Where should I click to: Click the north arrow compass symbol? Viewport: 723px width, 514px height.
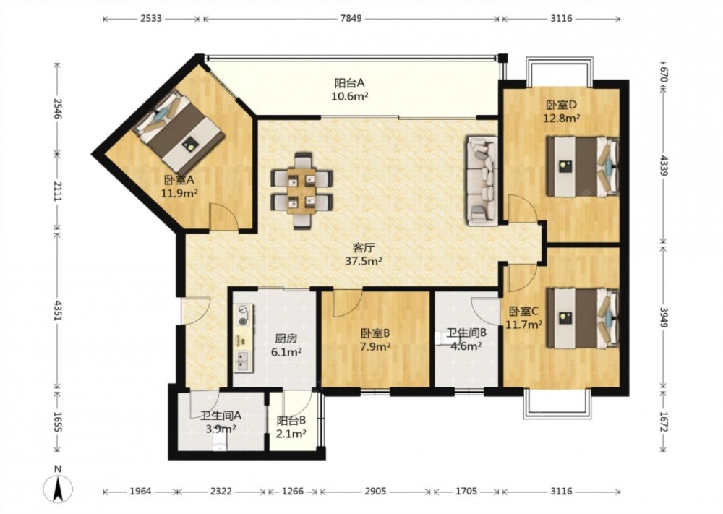pyautogui.click(x=58, y=487)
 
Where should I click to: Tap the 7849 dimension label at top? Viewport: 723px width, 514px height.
pyautogui.click(x=351, y=19)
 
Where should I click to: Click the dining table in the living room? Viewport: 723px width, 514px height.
pyautogui.click(x=301, y=190)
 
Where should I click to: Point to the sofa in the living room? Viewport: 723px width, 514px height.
pyautogui.click(x=482, y=181)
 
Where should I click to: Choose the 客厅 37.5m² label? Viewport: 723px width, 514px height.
pyautogui.click(x=364, y=254)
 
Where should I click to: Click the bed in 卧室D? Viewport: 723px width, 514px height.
pyautogui.click(x=583, y=166)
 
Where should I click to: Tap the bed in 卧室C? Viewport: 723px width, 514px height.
pyautogui.click(x=583, y=318)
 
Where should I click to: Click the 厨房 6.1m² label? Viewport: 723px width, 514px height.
pyautogui.click(x=286, y=346)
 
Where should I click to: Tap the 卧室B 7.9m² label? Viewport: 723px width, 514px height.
pyautogui.click(x=375, y=339)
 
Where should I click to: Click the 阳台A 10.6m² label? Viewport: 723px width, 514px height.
pyautogui.click(x=349, y=90)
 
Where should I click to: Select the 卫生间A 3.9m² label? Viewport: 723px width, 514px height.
pyautogui.click(x=221, y=421)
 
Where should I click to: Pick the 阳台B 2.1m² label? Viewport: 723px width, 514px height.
pyautogui.click(x=291, y=427)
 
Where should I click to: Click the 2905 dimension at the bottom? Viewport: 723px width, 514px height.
pyautogui.click(x=375, y=492)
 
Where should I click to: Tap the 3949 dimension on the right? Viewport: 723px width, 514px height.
pyautogui.click(x=663, y=317)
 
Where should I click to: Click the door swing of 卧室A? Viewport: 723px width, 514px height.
pyautogui.click(x=224, y=216)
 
